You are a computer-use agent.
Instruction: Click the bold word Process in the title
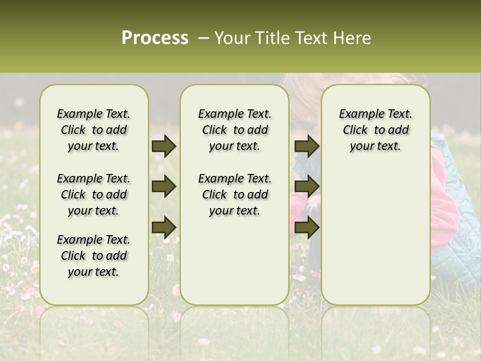155,38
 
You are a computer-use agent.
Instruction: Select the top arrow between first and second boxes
164,146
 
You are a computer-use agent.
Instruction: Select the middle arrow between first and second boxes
164,187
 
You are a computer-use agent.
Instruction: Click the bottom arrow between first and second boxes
164,227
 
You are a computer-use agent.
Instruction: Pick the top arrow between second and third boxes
307,146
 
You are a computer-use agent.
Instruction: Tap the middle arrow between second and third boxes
307,187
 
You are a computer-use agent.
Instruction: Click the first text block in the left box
94,130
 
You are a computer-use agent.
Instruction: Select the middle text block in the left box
94,195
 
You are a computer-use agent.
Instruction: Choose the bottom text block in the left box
94,256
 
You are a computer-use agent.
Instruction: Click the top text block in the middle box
234,130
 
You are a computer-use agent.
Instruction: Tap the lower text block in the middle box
234,195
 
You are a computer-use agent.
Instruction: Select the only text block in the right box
375,130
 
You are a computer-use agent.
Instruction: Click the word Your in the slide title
231,38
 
